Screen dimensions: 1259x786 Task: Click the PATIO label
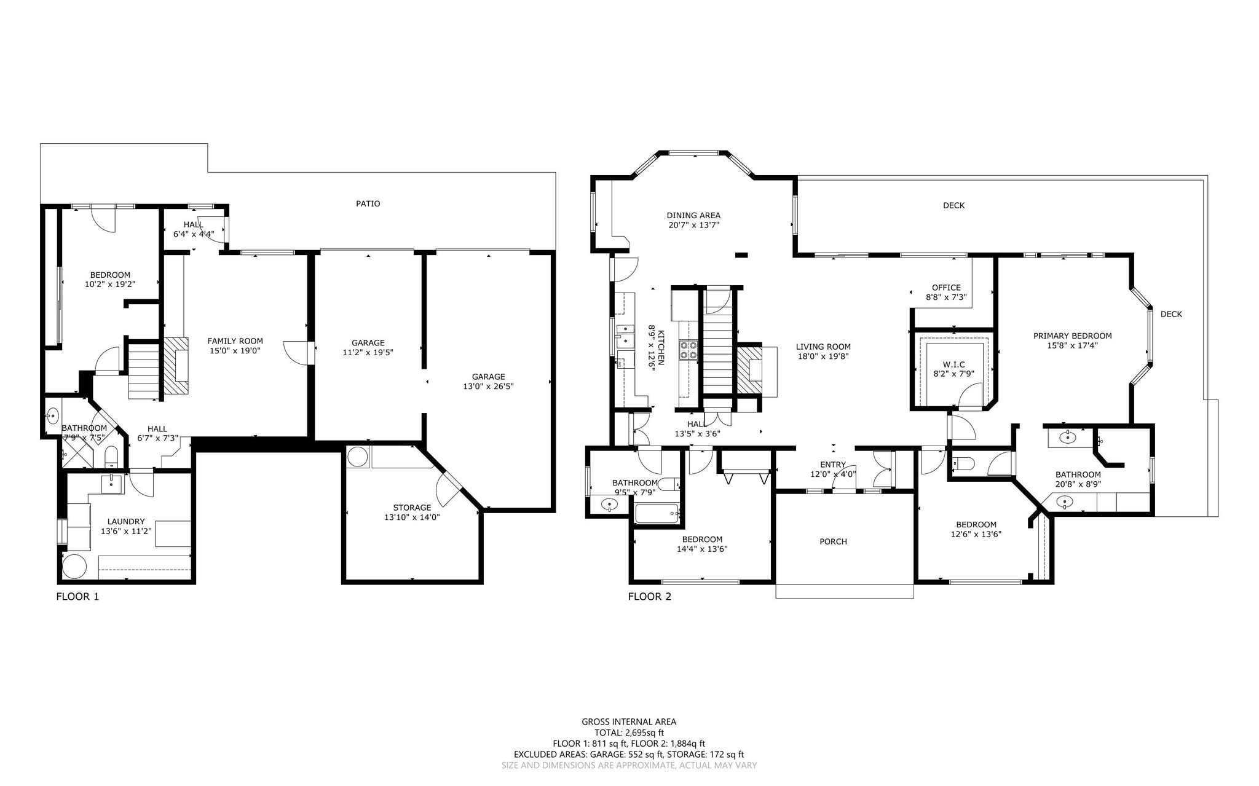click(x=368, y=203)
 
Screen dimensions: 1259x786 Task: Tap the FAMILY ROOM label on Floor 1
click(x=235, y=341)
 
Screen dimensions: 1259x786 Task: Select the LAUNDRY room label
click(x=126, y=522)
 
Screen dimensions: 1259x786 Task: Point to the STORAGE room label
click(x=412, y=508)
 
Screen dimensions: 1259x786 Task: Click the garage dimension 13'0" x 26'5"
click(x=488, y=387)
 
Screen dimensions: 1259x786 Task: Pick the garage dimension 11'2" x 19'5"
click(x=368, y=353)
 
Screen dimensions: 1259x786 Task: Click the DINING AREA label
click(x=693, y=215)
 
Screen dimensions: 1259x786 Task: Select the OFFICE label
click(x=946, y=288)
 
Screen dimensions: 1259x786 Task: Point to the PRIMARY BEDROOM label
click(x=1072, y=336)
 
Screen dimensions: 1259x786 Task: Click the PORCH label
click(x=833, y=541)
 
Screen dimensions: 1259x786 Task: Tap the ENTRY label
click(x=833, y=465)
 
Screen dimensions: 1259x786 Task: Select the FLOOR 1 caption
click(x=77, y=596)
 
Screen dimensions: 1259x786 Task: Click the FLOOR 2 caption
click(x=649, y=596)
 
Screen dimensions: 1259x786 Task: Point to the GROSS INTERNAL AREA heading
click(x=629, y=722)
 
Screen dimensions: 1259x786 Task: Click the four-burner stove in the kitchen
click(x=688, y=350)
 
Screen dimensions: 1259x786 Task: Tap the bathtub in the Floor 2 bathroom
click(x=657, y=513)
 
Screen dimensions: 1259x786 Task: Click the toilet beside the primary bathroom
click(x=961, y=464)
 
